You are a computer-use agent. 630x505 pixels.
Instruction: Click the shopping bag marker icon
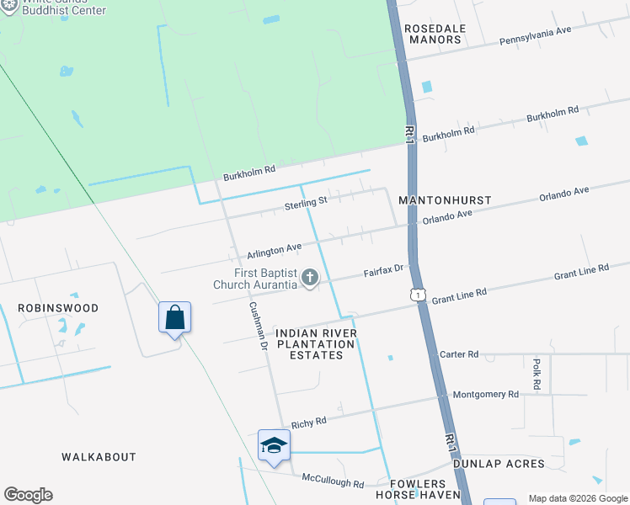click(x=174, y=318)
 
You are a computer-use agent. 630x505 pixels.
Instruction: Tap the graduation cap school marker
click(x=274, y=445)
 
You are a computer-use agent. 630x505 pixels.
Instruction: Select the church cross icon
click(x=310, y=277)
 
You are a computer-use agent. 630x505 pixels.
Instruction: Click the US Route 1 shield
click(x=417, y=294)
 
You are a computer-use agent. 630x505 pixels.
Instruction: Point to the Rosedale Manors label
click(x=435, y=34)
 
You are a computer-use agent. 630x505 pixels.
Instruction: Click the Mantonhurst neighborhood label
click(x=444, y=202)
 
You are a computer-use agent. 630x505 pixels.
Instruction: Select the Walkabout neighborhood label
click(x=99, y=457)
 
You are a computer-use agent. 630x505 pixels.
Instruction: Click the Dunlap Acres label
click(x=499, y=464)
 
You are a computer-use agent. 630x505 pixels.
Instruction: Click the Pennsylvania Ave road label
click(x=535, y=35)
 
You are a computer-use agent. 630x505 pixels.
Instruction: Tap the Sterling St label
click(x=305, y=203)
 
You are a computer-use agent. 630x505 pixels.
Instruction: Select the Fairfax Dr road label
click(x=384, y=271)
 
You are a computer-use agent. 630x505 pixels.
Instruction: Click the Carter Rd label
click(x=459, y=354)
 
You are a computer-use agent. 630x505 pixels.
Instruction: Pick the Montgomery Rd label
click(x=485, y=395)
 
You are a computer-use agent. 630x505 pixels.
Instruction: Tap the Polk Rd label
click(x=537, y=374)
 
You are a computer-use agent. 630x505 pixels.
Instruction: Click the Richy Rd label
click(x=308, y=422)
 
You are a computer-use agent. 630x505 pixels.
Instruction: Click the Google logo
click(x=28, y=495)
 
